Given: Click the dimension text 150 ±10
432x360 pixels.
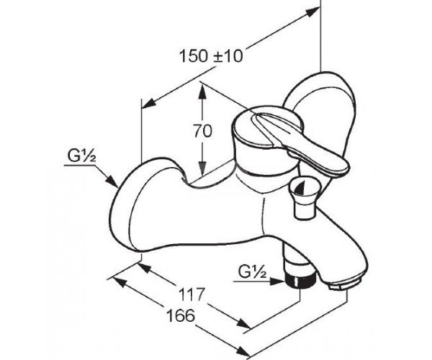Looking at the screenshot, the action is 211,56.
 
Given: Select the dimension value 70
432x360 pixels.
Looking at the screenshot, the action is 202,131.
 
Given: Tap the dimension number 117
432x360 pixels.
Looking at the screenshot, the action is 192,294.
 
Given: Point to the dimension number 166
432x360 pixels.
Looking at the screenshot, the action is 181,315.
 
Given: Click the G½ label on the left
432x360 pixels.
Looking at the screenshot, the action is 81,156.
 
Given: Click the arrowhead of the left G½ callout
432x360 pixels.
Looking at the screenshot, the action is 112,181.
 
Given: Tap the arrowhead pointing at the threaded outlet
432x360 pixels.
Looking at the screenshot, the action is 277,282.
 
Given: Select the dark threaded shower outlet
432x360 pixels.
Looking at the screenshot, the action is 300,281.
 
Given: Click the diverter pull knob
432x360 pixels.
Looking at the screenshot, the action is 302,198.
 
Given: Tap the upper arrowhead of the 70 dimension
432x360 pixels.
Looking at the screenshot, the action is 202,91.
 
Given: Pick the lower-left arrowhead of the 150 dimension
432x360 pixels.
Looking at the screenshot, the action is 149,103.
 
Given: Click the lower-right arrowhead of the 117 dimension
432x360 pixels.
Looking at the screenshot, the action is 243,325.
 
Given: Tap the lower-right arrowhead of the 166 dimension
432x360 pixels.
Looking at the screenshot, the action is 242,351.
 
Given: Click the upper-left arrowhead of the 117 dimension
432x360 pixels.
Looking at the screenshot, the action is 145,268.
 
